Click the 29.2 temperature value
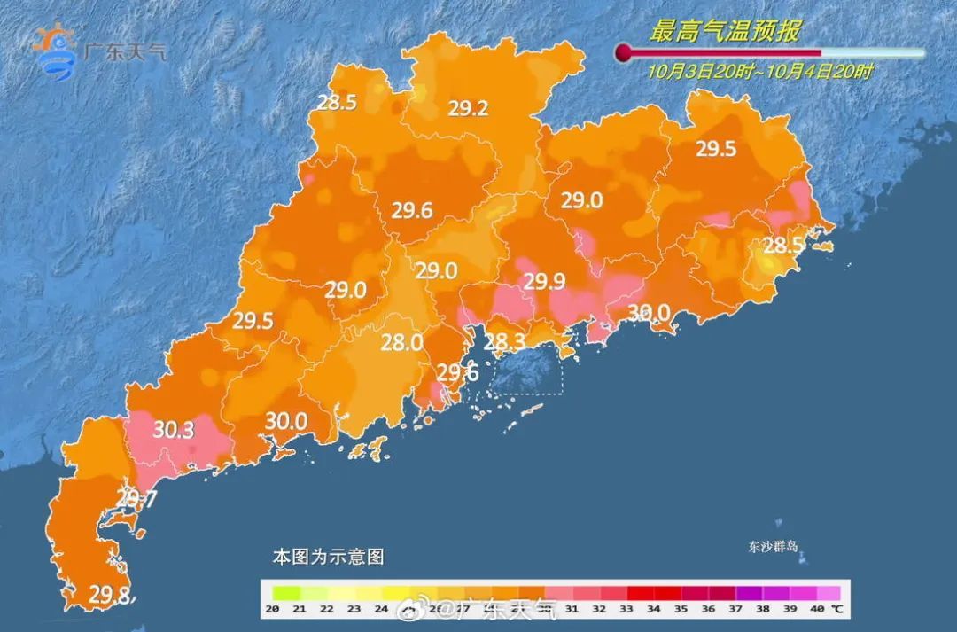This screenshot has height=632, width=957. point(468,109)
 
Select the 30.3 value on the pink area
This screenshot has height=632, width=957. point(174,430)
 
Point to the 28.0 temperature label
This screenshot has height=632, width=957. point(401,342)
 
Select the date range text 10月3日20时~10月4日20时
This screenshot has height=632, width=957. point(759,72)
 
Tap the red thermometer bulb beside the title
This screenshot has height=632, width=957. point(624,52)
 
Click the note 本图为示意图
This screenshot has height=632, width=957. point(328,558)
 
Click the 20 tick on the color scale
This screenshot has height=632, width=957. point(273,609)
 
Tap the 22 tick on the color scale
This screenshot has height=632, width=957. point(327,609)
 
